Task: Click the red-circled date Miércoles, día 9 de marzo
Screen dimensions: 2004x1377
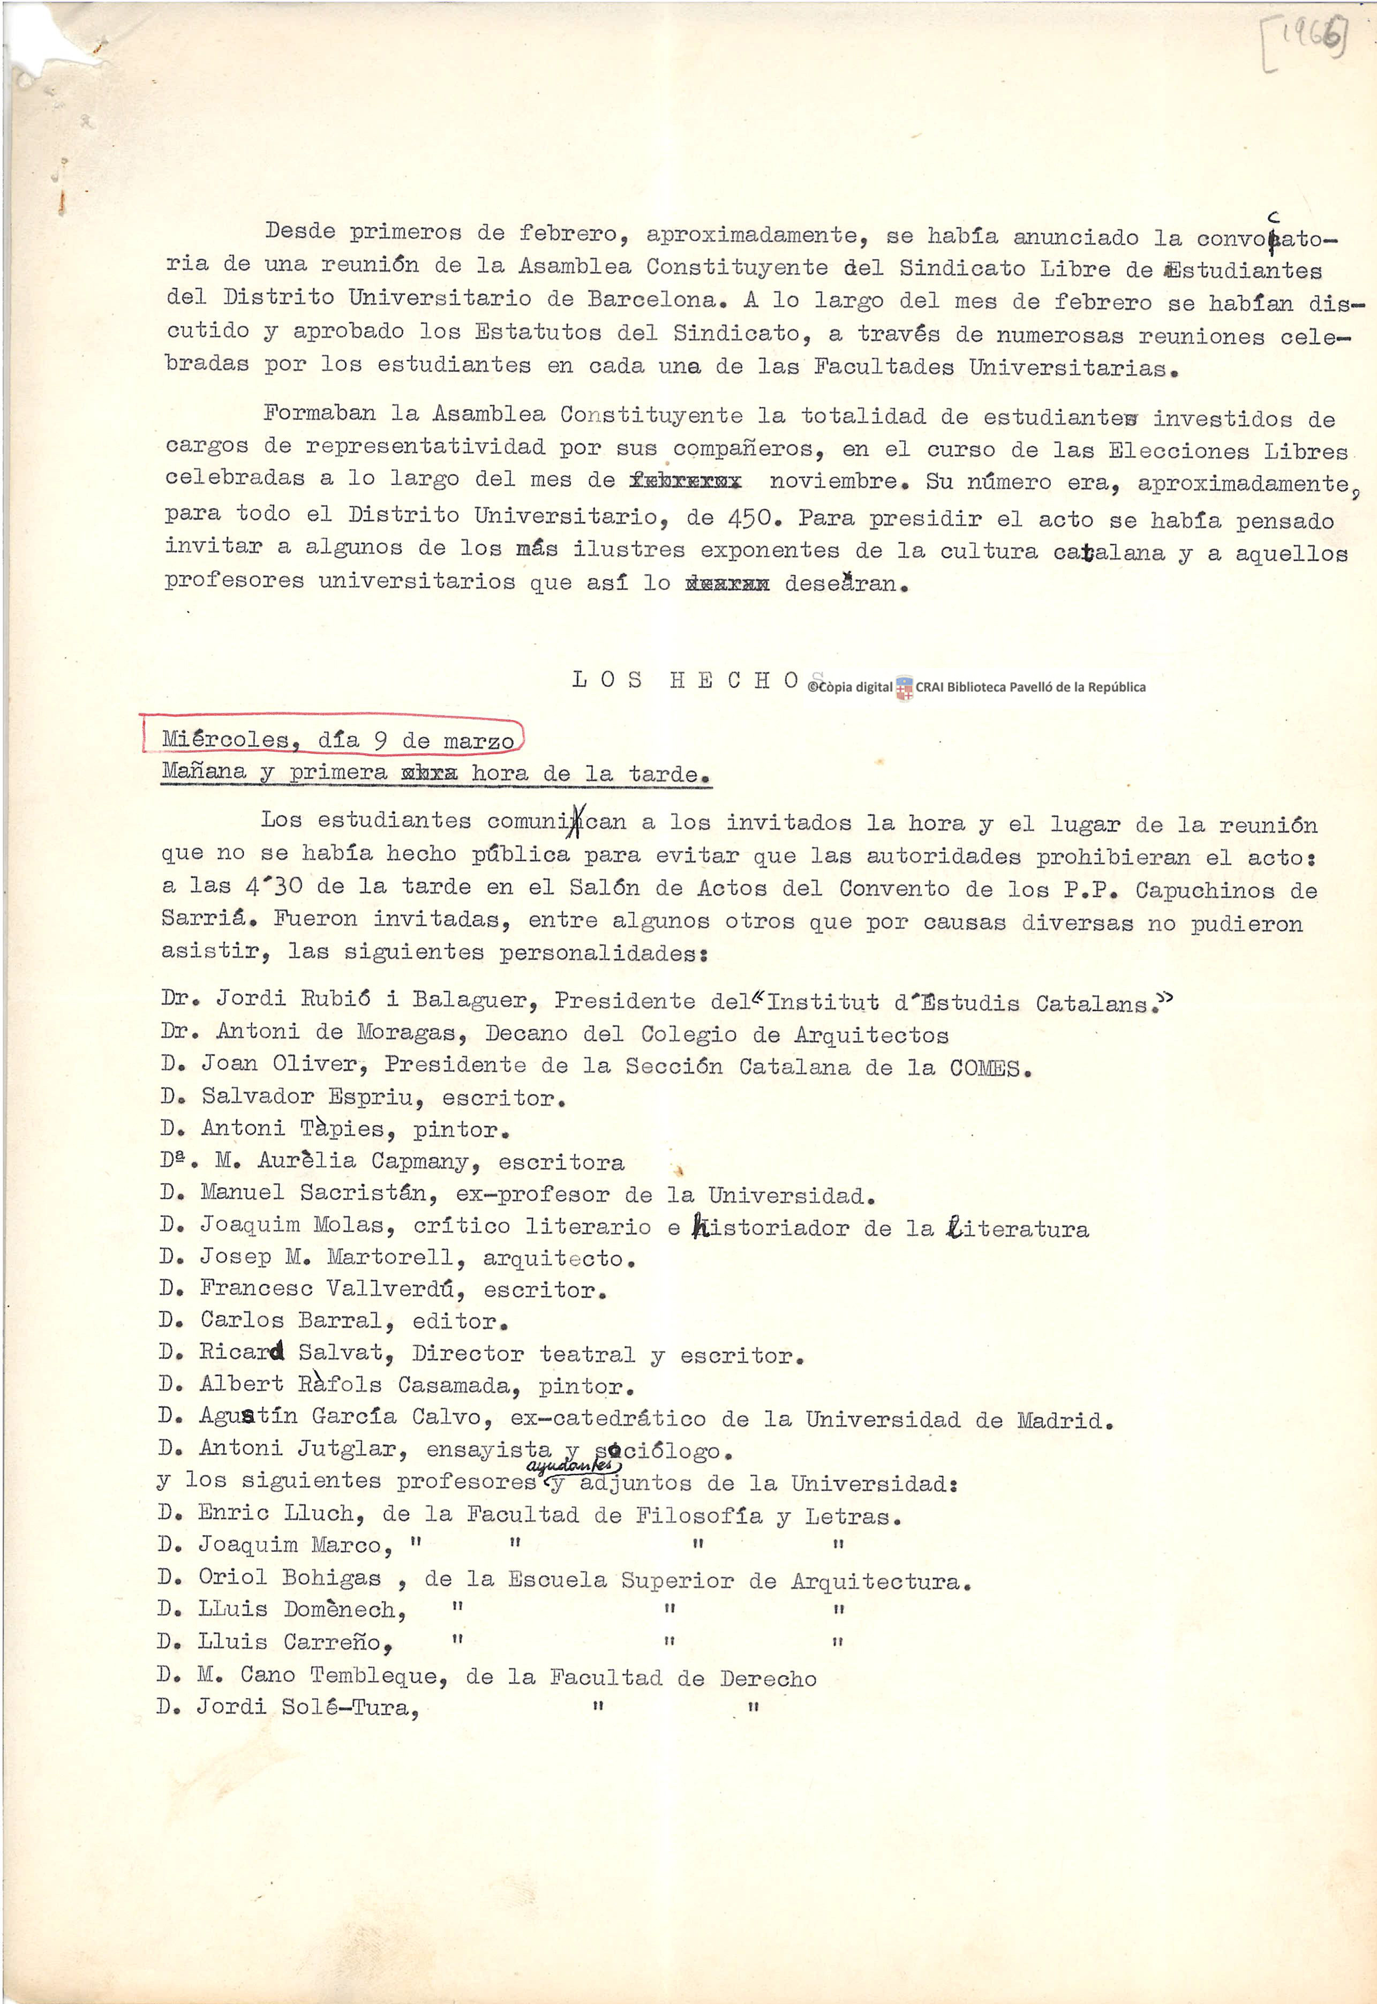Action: [337, 739]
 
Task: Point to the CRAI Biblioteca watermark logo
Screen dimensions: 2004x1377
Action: [904, 688]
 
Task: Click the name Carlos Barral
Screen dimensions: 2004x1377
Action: [291, 1320]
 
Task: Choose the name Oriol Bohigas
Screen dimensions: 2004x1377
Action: [290, 1577]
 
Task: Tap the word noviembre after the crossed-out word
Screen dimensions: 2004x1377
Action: [833, 482]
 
